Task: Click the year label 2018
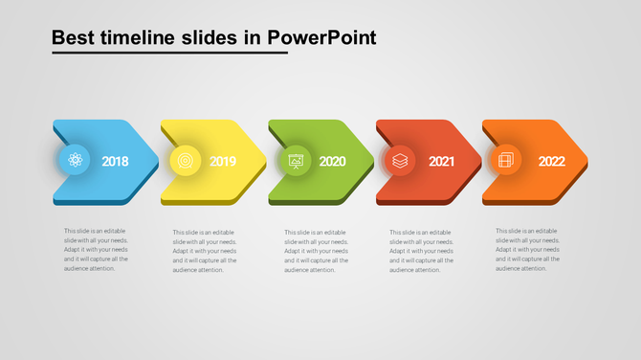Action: (x=115, y=162)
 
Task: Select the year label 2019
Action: (x=223, y=162)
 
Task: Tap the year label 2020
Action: (x=332, y=162)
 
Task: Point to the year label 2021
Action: (x=441, y=162)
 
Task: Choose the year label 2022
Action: (x=551, y=162)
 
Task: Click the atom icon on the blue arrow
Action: (x=74, y=160)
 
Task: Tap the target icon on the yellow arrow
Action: (x=185, y=160)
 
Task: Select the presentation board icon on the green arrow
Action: (x=296, y=160)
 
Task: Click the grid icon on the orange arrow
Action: (x=504, y=160)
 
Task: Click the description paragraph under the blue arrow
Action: (x=96, y=249)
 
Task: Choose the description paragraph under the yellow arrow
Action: (x=204, y=251)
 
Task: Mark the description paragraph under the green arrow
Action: (x=316, y=251)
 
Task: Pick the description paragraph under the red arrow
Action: (x=421, y=251)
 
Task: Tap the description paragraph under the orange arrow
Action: (x=527, y=249)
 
